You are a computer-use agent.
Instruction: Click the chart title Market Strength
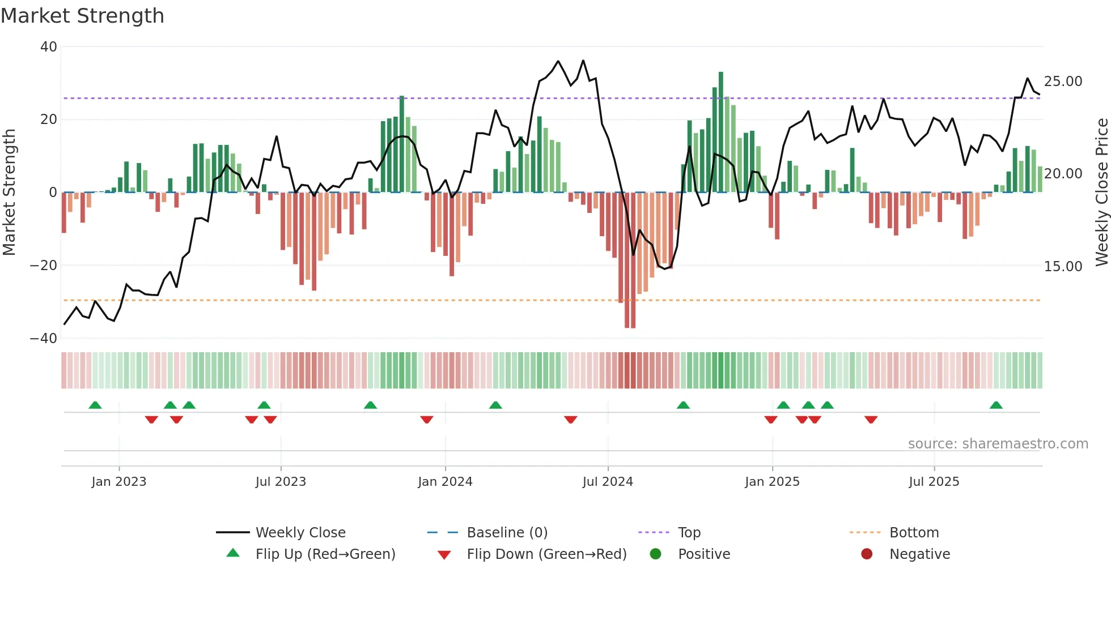click(82, 16)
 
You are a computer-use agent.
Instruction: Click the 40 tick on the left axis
click(49, 47)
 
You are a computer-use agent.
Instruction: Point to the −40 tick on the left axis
click(44, 339)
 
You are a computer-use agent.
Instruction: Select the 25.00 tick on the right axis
click(1063, 82)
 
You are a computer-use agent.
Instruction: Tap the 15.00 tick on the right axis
click(1063, 267)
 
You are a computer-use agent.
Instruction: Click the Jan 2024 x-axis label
click(445, 482)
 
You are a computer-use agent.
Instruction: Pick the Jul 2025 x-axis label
click(934, 482)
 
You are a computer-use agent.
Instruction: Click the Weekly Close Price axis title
click(1101, 193)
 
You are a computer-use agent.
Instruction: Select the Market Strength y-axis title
click(10, 193)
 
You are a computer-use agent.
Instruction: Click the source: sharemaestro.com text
click(998, 444)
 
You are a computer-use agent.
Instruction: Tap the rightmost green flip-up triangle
click(996, 405)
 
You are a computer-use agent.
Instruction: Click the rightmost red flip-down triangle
click(871, 420)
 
